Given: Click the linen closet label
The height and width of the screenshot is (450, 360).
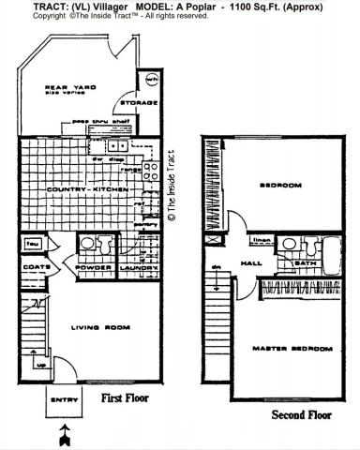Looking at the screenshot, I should click(x=264, y=241).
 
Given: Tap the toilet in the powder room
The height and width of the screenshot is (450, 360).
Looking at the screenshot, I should click(x=85, y=246).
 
